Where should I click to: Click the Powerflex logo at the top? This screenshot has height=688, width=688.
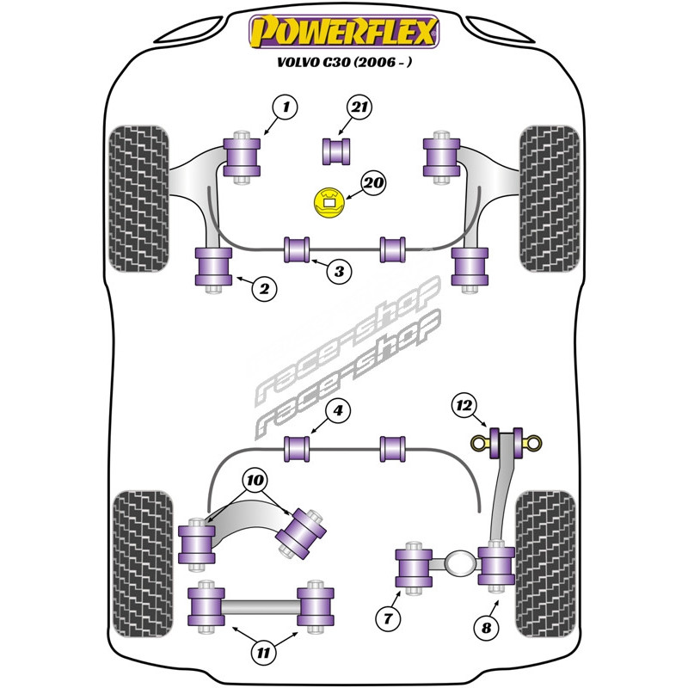coord(343,33)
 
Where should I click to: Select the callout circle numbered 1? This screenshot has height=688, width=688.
coord(285,107)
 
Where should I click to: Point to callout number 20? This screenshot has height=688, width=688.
coord(373,183)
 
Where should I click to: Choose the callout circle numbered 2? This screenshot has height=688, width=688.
coord(265,290)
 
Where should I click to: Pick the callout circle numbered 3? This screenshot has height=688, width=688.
coord(339,272)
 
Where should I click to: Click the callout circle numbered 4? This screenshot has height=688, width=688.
coord(339,412)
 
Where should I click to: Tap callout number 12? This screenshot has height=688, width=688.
coord(464,403)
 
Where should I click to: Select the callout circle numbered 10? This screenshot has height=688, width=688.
coord(255,480)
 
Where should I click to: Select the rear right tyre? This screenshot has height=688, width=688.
coord(545,559)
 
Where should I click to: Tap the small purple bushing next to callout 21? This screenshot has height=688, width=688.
coord(337,150)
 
